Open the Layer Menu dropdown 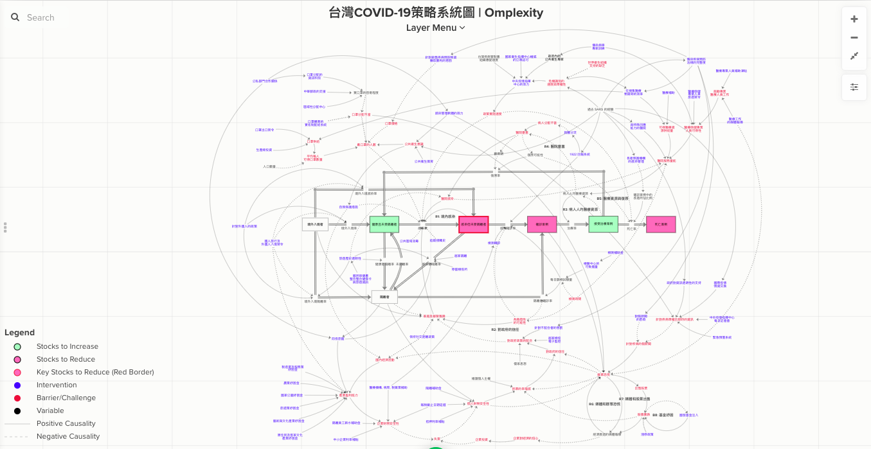pos(435,28)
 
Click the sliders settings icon pos(854,87)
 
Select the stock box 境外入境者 pos(315,224)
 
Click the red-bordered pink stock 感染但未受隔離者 pos(474,224)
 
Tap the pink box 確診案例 pos(541,224)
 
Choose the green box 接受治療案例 pos(603,224)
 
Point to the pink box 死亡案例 pos(661,224)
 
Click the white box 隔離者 pos(384,297)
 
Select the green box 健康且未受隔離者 pos(384,224)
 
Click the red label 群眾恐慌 pos(604,374)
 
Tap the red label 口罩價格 pos(391,123)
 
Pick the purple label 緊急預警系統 pos(722,337)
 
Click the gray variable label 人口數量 pos(269,166)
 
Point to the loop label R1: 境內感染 pos(445,216)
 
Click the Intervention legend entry pos(57,385)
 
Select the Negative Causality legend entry pos(67,436)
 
